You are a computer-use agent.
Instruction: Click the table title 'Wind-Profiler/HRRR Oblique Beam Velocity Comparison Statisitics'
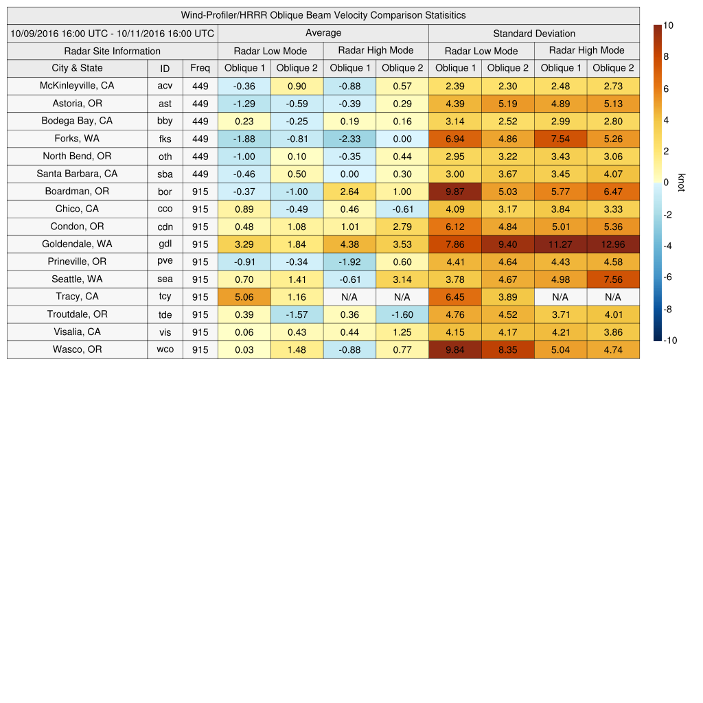tap(323, 15)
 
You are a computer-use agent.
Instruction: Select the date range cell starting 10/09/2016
tap(113, 33)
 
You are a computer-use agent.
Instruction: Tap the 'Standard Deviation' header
tap(534, 33)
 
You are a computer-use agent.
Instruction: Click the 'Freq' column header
tap(200, 68)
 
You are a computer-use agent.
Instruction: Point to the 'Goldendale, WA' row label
tap(77, 244)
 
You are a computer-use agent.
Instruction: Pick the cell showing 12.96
tap(613, 244)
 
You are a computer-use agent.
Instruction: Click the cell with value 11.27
tap(560, 244)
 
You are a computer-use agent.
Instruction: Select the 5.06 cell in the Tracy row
tap(244, 297)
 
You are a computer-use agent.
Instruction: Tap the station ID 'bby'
tap(165, 121)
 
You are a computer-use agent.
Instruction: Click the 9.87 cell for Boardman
tap(454, 192)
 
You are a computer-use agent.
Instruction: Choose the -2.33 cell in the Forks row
tap(349, 139)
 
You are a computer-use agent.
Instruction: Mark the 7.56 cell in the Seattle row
tap(613, 279)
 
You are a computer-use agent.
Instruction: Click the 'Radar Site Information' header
tap(113, 51)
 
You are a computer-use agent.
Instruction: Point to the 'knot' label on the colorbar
tap(681, 182)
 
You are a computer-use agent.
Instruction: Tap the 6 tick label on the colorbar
tap(665, 89)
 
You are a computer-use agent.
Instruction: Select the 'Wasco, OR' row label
tap(77, 349)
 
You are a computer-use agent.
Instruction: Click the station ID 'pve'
tap(165, 262)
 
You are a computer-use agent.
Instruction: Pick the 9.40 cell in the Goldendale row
tap(507, 244)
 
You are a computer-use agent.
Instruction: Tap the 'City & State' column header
tap(77, 68)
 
